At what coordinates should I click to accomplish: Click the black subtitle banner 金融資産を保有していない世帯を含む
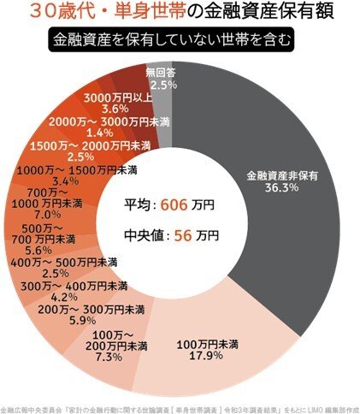tap(180, 40)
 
